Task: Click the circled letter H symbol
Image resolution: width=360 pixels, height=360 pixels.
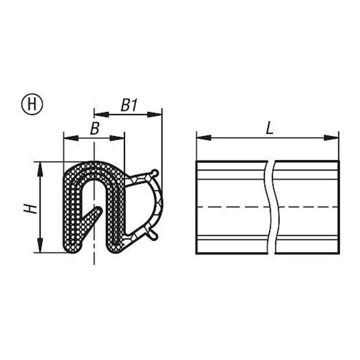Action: click(32, 104)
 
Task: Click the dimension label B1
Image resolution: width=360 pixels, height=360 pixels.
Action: click(129, 105)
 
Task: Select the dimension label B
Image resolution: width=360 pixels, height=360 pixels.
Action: click(94, 128)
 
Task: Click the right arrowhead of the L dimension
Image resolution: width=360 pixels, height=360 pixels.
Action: click(331, 138)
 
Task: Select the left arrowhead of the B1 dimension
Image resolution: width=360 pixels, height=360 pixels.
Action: click(101, 114)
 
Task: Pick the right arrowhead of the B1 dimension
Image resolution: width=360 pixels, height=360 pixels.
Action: click(154, 114)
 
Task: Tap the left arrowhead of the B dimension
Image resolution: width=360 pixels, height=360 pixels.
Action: click(71, 138)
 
